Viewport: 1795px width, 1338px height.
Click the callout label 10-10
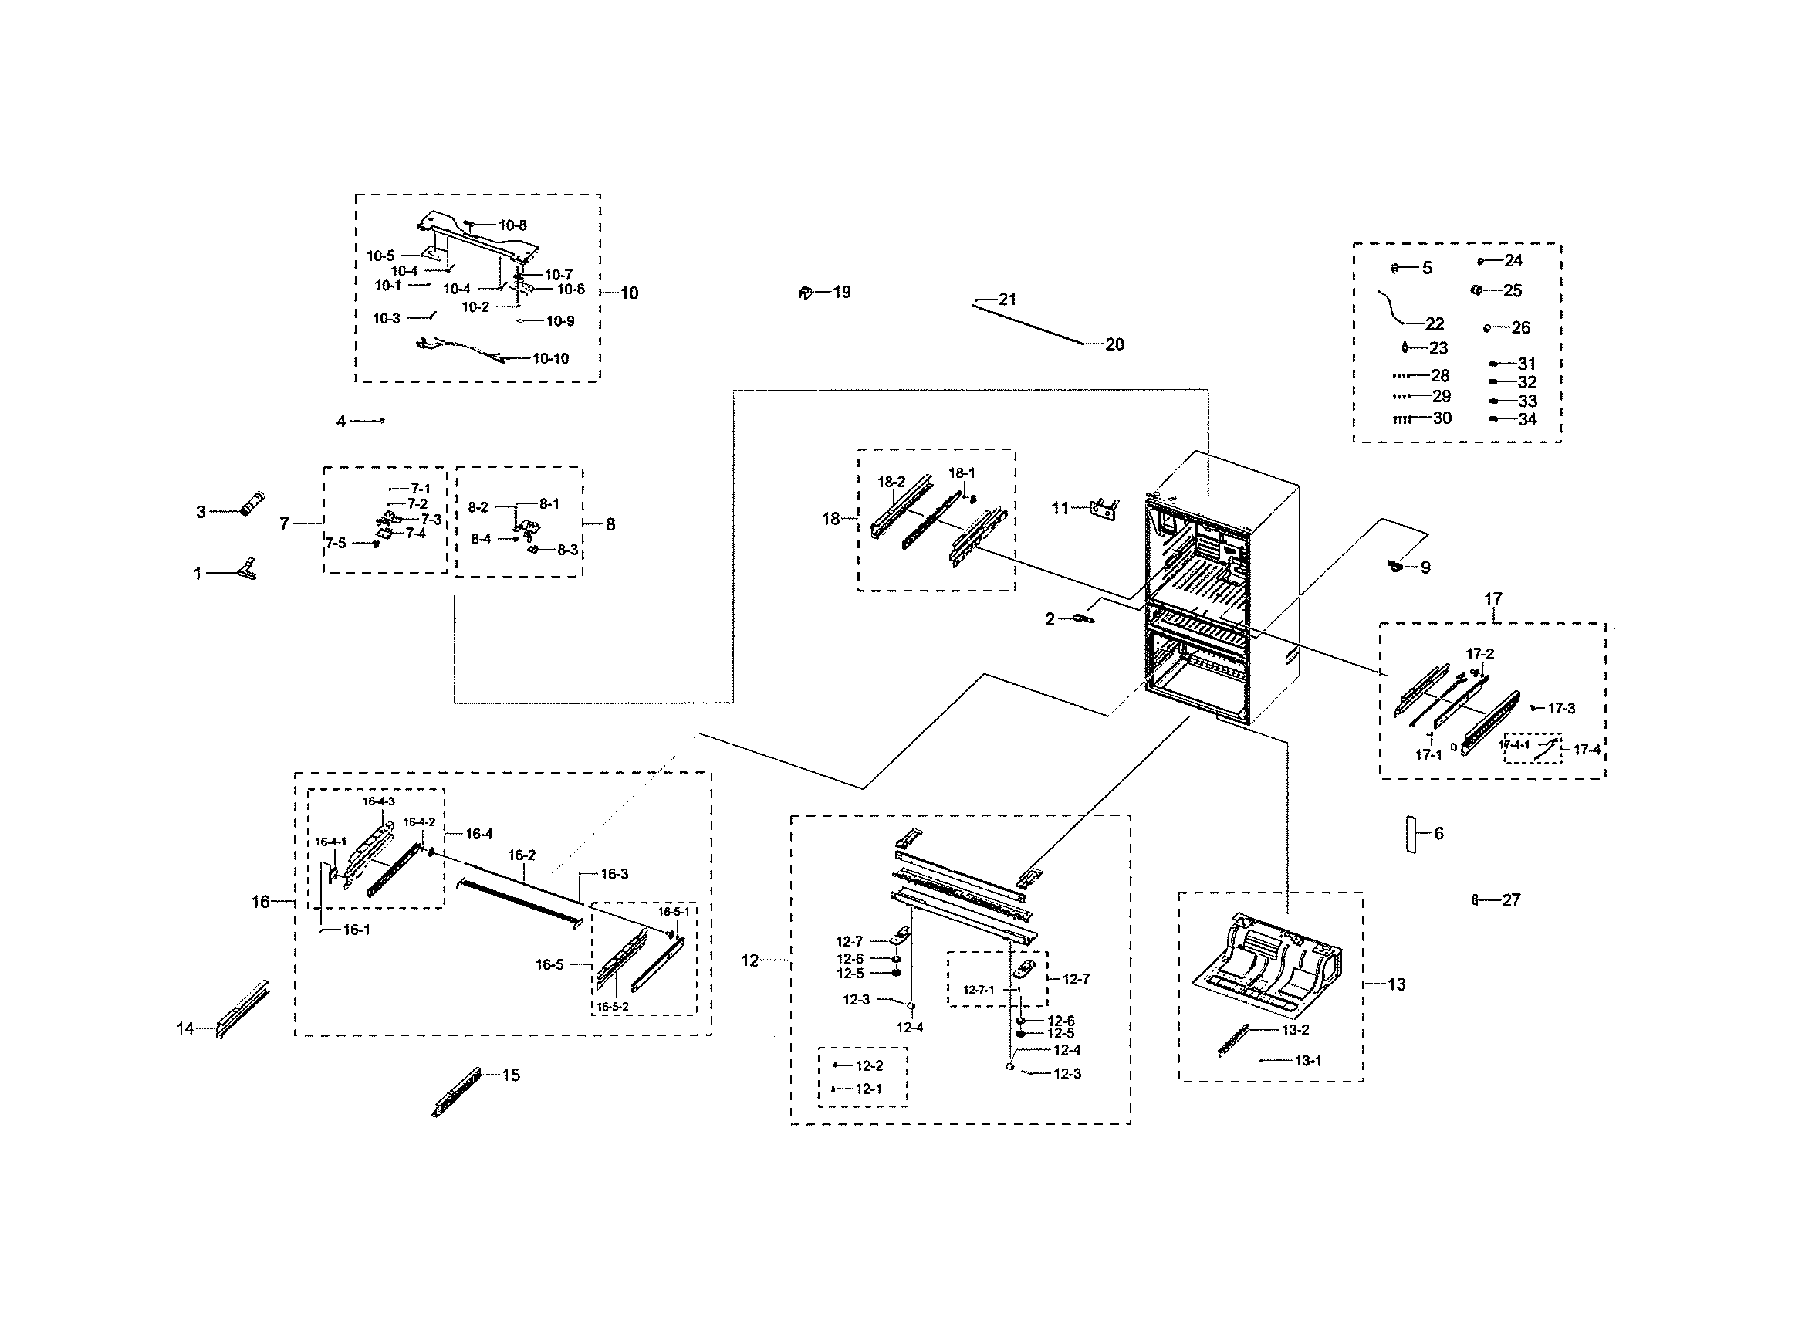(550, 359)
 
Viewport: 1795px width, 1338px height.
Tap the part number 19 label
(842, 293)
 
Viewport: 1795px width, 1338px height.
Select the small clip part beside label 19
(805, 293)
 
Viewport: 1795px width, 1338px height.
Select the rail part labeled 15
(457, 1092)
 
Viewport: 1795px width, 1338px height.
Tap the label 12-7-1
(978, 990)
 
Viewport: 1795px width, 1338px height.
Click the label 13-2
(1296, 1030)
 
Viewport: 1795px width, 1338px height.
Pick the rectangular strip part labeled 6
(1411, 835)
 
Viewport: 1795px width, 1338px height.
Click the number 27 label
(1511, 899)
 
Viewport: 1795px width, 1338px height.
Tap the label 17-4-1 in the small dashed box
(1513, 745)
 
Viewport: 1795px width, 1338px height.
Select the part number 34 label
(1527, 419)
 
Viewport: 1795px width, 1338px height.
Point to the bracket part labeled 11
(1105, 510)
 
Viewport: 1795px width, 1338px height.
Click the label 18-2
(891, 482)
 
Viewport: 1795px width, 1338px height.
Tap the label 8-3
(566, 550)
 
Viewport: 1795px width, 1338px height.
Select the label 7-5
(335, 543)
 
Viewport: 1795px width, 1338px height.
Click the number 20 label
(1115, 345)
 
